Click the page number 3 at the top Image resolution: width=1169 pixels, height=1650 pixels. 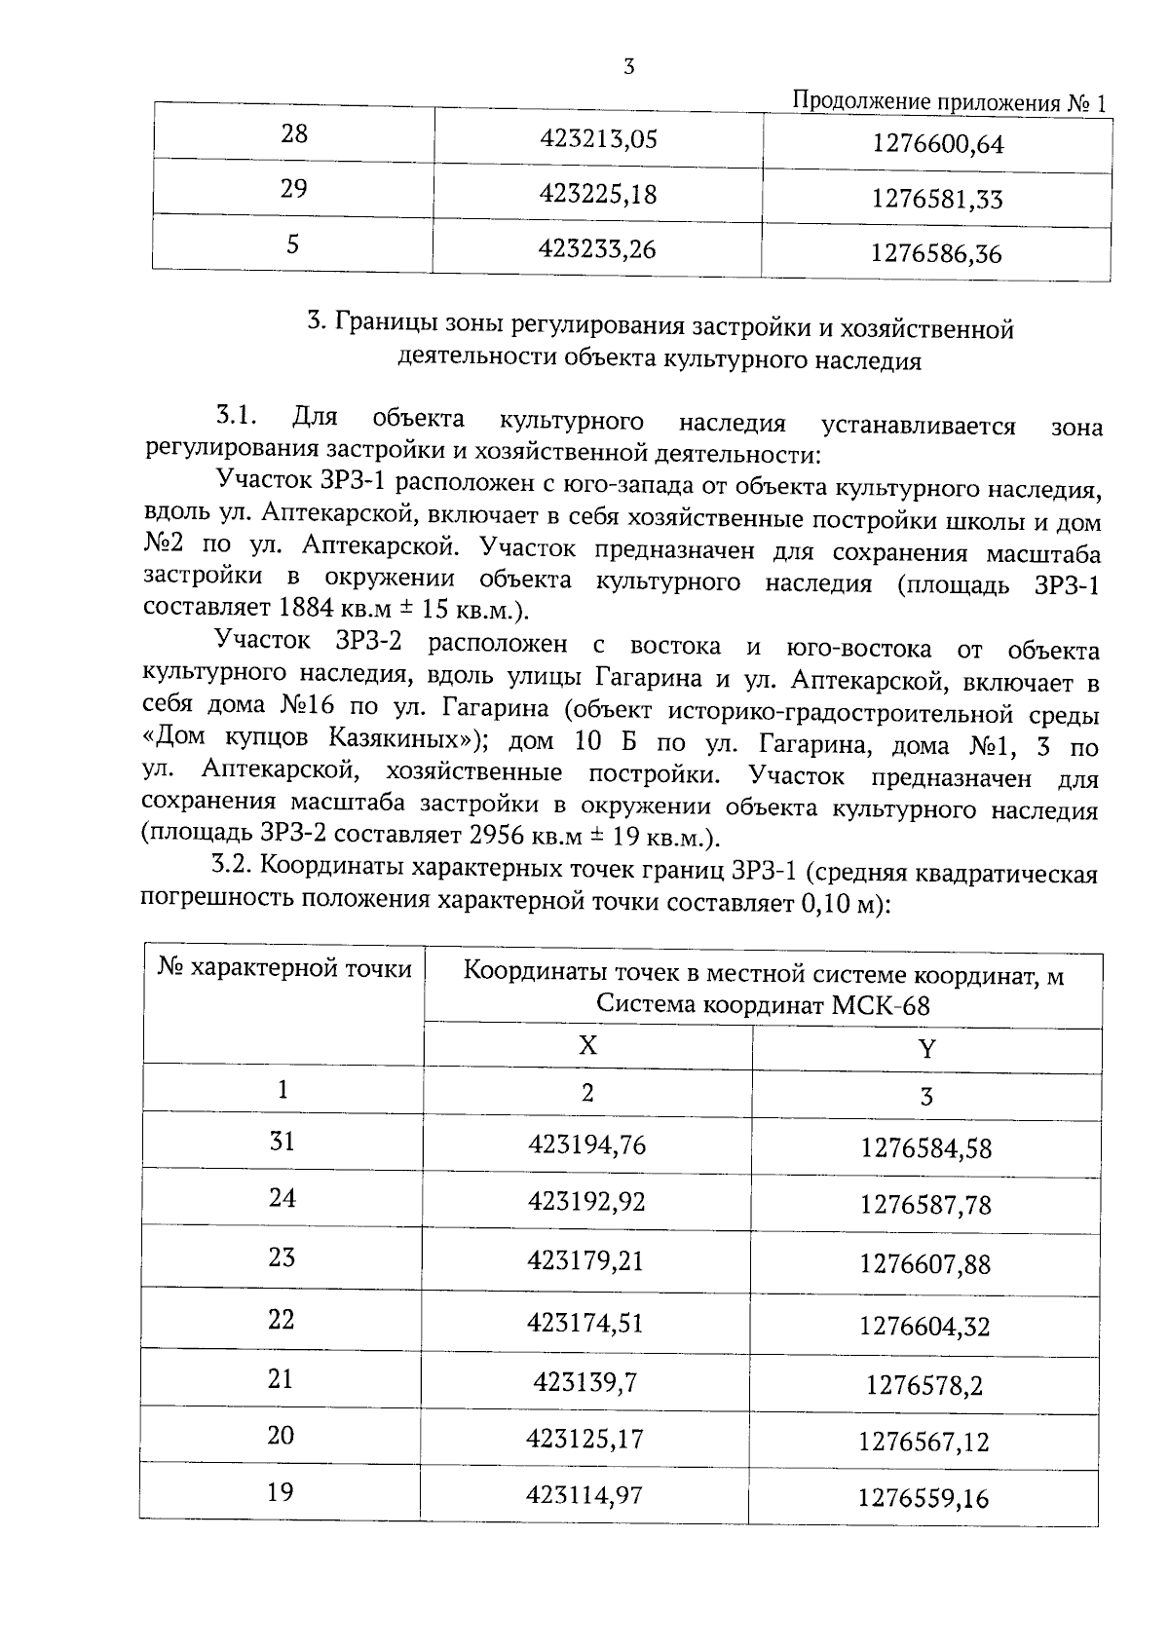pos(628,67)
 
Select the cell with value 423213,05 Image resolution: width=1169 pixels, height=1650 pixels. pos(598,139)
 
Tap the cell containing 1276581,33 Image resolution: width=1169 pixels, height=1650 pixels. pos(936,200)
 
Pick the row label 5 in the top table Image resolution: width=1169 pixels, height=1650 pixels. pos(292,244)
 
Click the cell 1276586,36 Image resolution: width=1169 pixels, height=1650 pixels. pos(935,254)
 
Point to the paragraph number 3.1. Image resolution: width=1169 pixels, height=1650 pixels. pos(236,418)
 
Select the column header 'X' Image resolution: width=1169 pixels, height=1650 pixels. pos(587,1045)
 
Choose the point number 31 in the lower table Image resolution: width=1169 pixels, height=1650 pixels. pos(282,1141)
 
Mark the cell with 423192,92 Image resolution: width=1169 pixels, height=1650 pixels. pos(586,1201)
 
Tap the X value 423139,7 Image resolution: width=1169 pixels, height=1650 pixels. pos(585,1381)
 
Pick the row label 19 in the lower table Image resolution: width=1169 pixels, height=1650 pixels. pos(281,1491)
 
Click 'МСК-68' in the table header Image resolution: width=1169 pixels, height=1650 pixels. pos(881,1004)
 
